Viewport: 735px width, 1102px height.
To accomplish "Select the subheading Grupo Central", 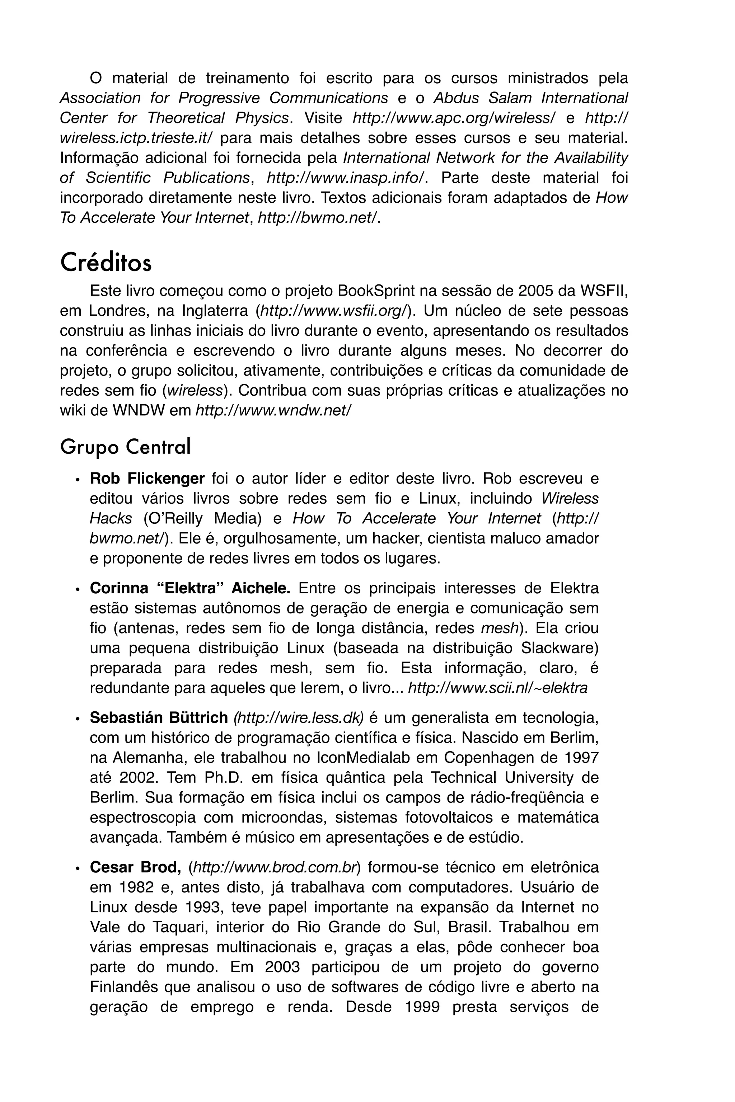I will click(125, 447).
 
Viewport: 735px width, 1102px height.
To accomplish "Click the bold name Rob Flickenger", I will click(147, 479).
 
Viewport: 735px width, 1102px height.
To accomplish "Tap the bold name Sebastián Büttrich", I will click(159, 717).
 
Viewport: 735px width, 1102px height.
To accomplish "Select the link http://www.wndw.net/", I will click(273, 410).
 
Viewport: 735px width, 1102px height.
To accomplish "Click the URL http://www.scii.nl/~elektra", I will click(498, 688).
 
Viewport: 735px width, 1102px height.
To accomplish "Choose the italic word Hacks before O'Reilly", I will click(111, 518).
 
